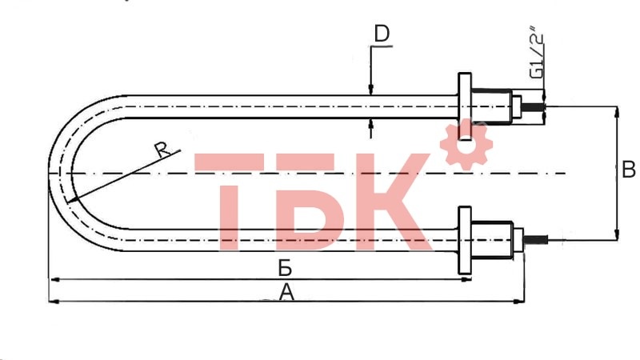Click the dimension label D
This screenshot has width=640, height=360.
(382, 34)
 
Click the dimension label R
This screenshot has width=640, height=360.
(162, 150)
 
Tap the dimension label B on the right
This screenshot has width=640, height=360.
(628, 170)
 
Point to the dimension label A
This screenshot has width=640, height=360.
(286, 294)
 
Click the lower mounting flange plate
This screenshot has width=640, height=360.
(464, 241)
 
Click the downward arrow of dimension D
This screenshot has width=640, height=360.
(370, 90)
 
